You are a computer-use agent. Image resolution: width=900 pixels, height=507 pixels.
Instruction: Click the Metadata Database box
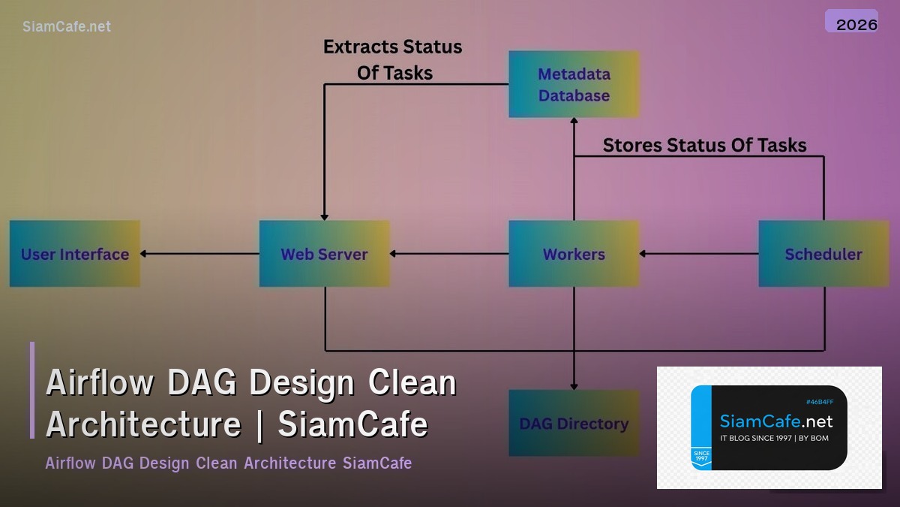(574, 84)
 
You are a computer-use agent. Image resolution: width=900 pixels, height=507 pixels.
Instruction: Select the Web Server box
(324, 254)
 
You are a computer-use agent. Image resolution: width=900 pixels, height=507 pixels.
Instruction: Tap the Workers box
(574, 254)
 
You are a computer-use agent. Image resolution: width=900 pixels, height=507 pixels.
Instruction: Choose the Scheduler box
(823, 254)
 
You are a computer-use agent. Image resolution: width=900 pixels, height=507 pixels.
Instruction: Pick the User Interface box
(75, 254)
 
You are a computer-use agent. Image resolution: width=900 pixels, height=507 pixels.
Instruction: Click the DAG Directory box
(574, 423)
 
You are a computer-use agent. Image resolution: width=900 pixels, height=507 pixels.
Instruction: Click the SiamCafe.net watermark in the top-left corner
(67, 26)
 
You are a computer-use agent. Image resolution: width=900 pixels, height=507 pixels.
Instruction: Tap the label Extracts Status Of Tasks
(392, 59)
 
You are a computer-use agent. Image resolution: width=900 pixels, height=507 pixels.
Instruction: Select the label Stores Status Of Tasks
(704, 145)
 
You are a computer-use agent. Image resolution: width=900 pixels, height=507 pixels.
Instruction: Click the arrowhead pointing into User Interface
(145, 254)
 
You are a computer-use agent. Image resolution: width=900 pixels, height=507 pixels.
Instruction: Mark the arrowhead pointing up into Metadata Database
(574, 122)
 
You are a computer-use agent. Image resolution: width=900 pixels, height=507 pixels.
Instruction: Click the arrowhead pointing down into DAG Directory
(574, 385)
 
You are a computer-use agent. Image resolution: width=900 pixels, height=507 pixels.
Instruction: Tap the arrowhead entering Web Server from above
(324, 216)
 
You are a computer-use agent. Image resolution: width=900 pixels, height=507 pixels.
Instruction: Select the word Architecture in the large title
(143, 424)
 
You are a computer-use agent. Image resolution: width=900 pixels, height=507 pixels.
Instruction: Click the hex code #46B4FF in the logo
(819, 402)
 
